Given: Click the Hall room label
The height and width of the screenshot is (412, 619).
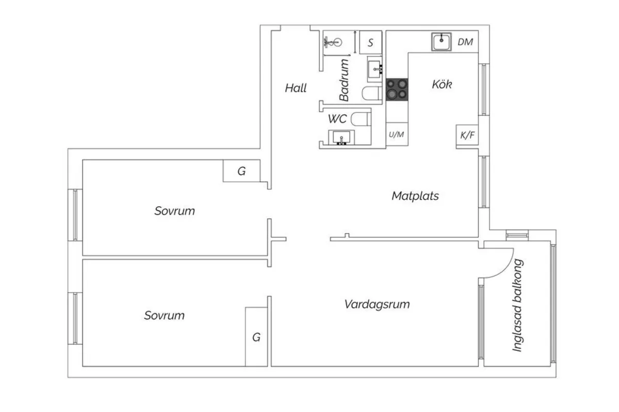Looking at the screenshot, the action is pyautogui.click(x=296, y=88).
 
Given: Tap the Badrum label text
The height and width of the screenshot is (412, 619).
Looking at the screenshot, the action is pyautogui.click(x=344, y=80).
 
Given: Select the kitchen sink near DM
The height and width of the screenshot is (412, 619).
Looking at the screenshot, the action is pyautogui.click(x=442, y=42).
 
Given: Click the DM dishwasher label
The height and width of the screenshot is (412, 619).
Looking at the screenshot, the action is pyautogui.click(x=465, y=42).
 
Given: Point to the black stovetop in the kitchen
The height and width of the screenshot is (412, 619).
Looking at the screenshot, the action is pyautogui.click(x=397, y=90).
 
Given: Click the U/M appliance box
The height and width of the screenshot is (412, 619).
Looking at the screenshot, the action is pyautogui.click(x=397, y=134).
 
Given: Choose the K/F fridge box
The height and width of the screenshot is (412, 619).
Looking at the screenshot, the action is pyautogui.click(x=467, y=135).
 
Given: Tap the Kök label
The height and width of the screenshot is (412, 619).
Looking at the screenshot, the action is pyautogui.click(x=442, y=84).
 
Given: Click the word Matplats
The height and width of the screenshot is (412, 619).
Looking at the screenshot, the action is pyautogui.click(x=415, y=196).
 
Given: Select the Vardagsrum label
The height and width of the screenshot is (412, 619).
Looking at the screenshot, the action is pyautogui.click(x=377, y=304).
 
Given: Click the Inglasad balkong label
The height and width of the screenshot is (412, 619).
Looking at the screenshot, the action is pyautogui.click(x=517, y=305).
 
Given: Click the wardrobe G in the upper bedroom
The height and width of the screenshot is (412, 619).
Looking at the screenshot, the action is pyautogui.click(x=241, y=171).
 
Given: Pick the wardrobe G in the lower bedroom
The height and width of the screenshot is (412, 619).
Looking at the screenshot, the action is pyautogui.click(x=256, y=337).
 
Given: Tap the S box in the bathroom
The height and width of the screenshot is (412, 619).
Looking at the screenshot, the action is pyautogui.click(x=370, y=42).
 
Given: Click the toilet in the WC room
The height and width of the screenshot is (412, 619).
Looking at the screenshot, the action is pyautogui.click(x=361, y=119).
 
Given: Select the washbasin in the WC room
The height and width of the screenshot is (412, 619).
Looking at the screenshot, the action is pyautogui.click(x=341, y=137).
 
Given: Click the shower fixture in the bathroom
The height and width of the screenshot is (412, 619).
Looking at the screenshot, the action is pyautogui.click(x=333, y=42).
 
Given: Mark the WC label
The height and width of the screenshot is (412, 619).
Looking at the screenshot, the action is pyautogui.click(x=337, y=119).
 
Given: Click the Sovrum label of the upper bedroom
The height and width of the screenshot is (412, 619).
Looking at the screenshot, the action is pyautogui.click(x=175, y=211).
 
